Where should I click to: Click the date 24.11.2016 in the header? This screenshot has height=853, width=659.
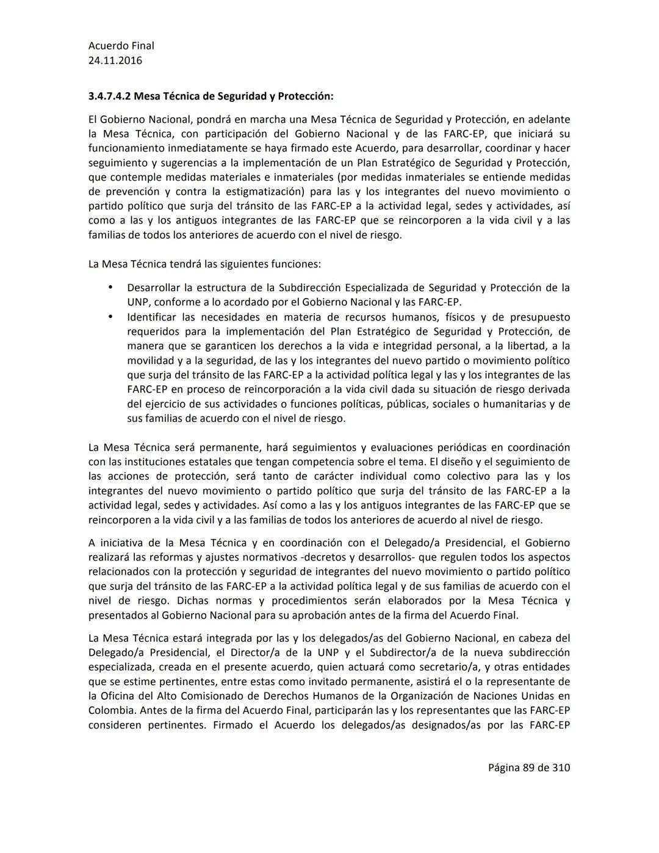click(x=115, y=60)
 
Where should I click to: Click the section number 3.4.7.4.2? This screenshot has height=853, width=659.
click(x=109, y=96)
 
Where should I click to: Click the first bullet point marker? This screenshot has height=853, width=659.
click(x=110, y=287)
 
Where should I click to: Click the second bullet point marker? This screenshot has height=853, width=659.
click(x=110, y=317)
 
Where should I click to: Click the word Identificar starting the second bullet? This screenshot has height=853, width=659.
click(x=151, y=317)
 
